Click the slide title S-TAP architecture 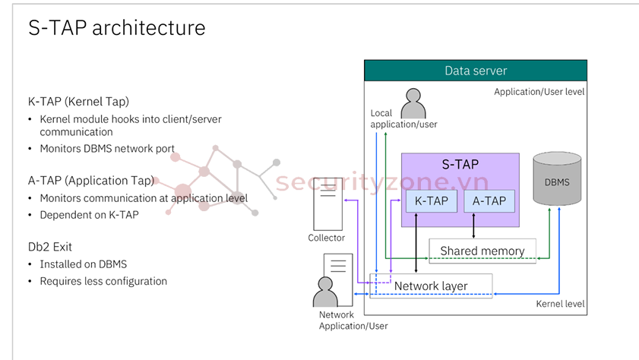pyautogui.click(x=116, y=28)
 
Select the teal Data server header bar pyautogui.click(x=476, y=71)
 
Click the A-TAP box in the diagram pyautogui.click(x=489, y=201)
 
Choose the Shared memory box pyautogui.click(x=482, y=251)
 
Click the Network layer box pyautogui.click(x=431, y=286)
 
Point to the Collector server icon pyautogui.click(x=327, y=207)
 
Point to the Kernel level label pyautogui.click(x=560, y=304)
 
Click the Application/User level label pyautogui.click(x=539, y=91)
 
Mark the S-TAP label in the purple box pyautogui.click(x=460, y=164)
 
